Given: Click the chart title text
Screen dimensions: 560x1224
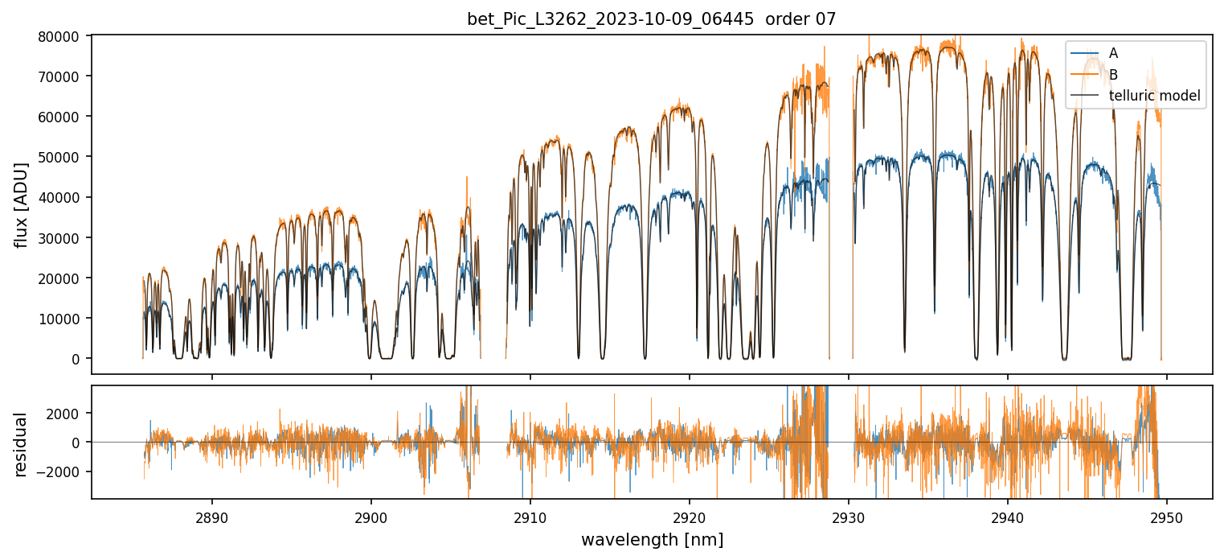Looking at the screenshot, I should click(x=652, y=19).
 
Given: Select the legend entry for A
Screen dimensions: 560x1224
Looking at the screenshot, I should click(x=1113, y=53).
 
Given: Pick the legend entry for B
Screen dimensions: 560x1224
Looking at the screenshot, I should click(x=1113, y=75).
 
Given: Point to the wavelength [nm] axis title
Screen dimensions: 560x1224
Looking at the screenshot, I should click(x=652, y=540).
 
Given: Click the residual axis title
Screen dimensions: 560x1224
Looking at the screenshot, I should click(x=21, y=444).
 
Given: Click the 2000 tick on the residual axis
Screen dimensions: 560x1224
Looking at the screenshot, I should click(x=72, y=413).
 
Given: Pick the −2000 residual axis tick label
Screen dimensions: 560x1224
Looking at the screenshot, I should click(x=69, y=472).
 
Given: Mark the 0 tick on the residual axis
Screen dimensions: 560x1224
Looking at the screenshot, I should click(x=80, y=443).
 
